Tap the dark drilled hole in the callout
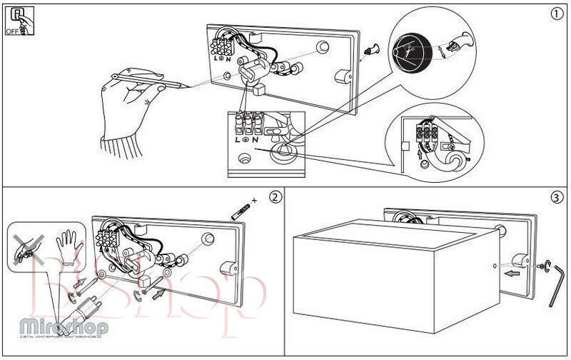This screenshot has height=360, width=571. (412, 51)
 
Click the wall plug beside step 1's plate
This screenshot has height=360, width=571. (370, 50)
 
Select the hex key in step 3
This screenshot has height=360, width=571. (557, 286)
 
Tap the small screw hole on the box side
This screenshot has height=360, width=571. (495, 269)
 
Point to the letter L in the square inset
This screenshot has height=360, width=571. (236, 139)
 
